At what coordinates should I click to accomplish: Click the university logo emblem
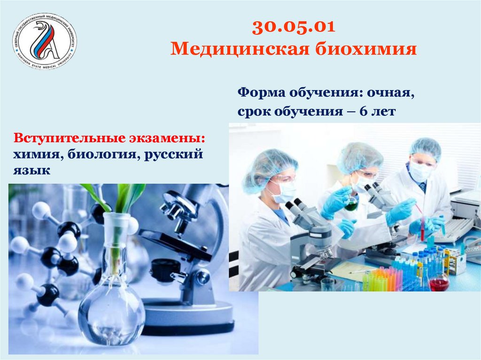45,41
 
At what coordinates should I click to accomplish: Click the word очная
391,93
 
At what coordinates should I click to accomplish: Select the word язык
31,171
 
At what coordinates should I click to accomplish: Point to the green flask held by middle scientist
351,204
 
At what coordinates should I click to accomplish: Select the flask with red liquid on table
439,283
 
